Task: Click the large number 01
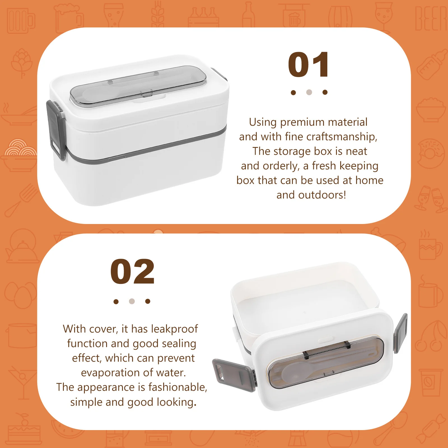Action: pyautogui.click(x=308, y=65)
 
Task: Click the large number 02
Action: pyautogui.click(x=132, y=272)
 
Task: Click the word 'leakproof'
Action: pyautogui.click(x=174, y=329)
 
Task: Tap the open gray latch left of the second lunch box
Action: pyautogui.click(x=234, y=375)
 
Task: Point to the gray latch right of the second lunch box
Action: pyautogui.click(x=400, y=333)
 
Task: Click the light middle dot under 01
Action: pyautogui.click(x=309, y=92)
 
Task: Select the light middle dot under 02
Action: pyautogui.click(x=132, y=301)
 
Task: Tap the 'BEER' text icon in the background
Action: pyautogui.click(x=431, y=18)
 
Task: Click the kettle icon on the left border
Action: pyautogui.click(x=22, y=246)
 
